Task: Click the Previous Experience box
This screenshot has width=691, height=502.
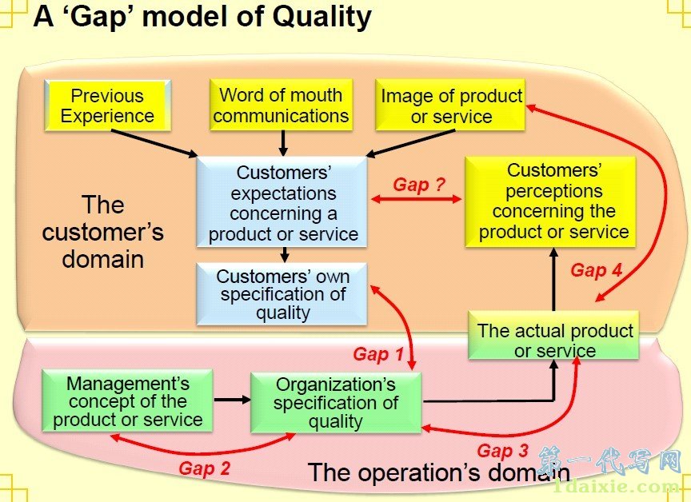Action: pos(107,106)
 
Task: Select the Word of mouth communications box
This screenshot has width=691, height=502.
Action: pos(282,105)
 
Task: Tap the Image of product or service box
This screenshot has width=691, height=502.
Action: pos(450,105)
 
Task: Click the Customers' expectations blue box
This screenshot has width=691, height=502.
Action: pos(282,202)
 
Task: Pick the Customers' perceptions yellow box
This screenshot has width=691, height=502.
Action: pos(550,201)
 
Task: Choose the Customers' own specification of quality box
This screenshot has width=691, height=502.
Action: pos(282,294)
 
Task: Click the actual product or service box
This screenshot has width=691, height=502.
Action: pos(553,336)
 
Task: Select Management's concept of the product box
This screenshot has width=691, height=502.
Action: pos(127,400)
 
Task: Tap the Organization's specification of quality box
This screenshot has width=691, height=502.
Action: pos(336,403)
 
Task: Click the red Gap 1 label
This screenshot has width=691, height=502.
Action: pos(378,354)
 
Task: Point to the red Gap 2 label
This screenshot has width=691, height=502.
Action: pos(205,468)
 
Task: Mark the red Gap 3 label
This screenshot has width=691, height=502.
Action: pos(502,451)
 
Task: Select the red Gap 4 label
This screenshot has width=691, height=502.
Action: pos(596,270)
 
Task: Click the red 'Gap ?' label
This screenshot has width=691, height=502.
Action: pos(419,185)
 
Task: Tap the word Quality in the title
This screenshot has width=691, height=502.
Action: pos(322,17)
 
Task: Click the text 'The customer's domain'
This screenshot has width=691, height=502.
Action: pos(102,232)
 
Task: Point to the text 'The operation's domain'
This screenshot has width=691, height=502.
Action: pos(439,472)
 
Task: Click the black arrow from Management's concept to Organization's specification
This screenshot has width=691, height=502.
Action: pos(232,400)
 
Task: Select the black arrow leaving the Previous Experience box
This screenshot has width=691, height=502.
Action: pos(154,143)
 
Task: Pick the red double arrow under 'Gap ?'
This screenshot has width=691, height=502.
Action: pos(417,200)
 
